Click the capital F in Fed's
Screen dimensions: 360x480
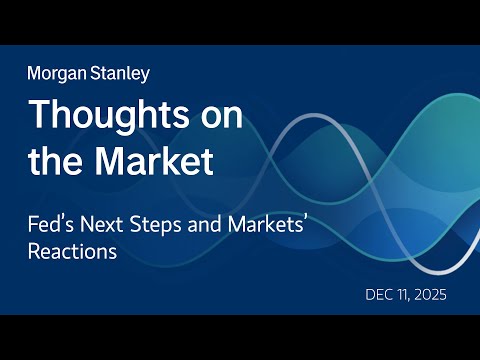pos(32,223)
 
